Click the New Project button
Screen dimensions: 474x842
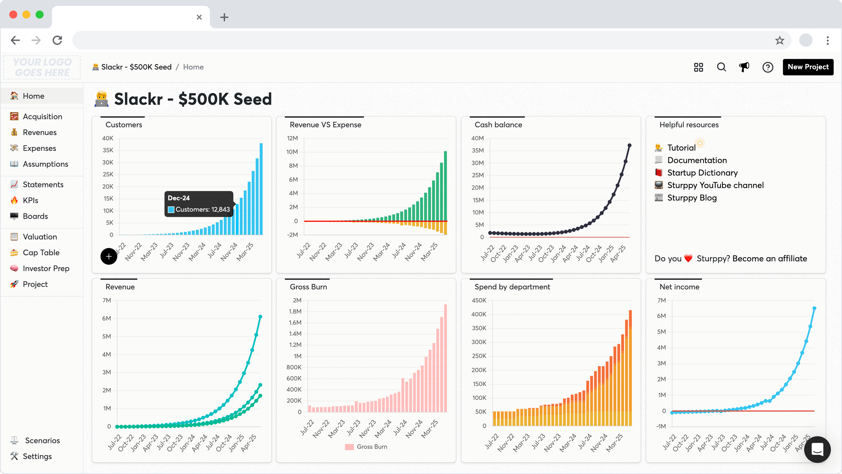pos(808,67)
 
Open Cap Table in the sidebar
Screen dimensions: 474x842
pos(41,253)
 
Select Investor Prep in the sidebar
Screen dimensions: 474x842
pos(46,268)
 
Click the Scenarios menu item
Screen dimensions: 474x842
pos(42,440)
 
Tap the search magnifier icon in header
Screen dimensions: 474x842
pos(721,67)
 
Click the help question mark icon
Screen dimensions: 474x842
pos(768,67)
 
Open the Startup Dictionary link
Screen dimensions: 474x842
pos(702,173)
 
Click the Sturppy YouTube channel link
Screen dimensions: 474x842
pos(715,185)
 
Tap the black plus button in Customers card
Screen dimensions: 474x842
pos(109,256)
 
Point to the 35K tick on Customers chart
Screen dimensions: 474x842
pos(108,150)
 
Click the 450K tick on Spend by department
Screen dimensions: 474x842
pos(479,300)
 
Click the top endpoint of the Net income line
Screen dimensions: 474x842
pos(814,308)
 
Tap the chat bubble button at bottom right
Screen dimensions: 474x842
pos(817,450)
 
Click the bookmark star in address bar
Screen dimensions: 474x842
pos(780,40)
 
